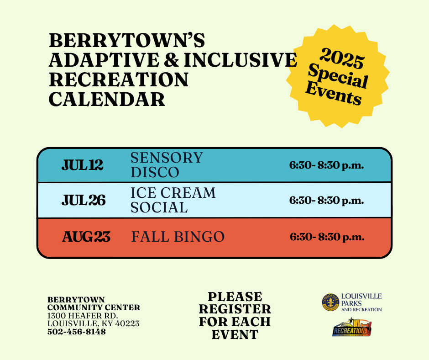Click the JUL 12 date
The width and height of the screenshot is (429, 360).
pyautogui.click(x=83, y=165)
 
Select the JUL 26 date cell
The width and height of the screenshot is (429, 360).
pyautogui.click(x=84, y=200)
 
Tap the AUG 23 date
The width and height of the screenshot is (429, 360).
pyautogui.click(x=86, y=237)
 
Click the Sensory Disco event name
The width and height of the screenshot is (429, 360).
pyautogui.click(x=166, y=165)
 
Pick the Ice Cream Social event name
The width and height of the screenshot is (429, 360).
pyautogui.click(x=173, y=200)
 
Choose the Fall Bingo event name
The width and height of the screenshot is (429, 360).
pyautogui.click(x=178, y=237)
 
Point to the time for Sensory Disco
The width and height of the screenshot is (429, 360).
pyautogui.click(x=326, y=165)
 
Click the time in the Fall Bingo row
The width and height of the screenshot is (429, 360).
pyautogui.click(x=327, y=237)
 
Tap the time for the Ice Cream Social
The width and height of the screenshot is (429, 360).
pyautogui.click(x=326, y=200)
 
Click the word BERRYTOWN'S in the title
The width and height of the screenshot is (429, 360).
pyautogui.click(x=127, y=41)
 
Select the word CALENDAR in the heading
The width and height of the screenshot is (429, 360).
pyautogui.click(x=107, y=99)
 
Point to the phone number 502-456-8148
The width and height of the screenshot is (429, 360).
pyautogui.click(x=77, y=332)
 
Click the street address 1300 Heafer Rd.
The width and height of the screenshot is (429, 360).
pyautogui.click(x=83, y=316)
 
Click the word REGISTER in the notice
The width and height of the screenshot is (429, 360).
pyautogui.click(x=235, y=309)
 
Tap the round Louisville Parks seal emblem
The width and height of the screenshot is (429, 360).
pyautogui.click(x=330, y=302)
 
